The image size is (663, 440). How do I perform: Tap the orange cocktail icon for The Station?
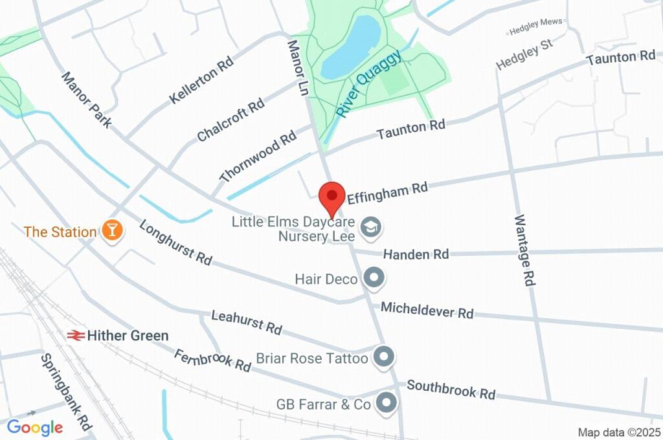coord(112,230)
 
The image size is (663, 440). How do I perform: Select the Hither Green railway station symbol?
coord(76,335)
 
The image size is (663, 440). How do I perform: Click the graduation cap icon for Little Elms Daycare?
coord(371,226)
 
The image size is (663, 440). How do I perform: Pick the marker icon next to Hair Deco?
coord(373,278)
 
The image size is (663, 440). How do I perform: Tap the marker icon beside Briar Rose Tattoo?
coord(385,357)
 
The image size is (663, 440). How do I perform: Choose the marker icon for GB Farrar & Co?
coord(387,402)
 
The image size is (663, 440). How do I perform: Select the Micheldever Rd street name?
coord(427,310)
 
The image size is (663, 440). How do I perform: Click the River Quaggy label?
coord(369,85)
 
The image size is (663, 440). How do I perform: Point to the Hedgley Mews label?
coord(534,31)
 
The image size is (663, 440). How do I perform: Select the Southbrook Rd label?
coord(451,390)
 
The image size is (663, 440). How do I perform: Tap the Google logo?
coord(35,427)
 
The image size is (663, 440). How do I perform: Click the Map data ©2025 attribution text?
coord(620,432)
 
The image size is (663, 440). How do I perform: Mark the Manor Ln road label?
coord(297,68)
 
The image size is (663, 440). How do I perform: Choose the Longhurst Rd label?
coord(175,243)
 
